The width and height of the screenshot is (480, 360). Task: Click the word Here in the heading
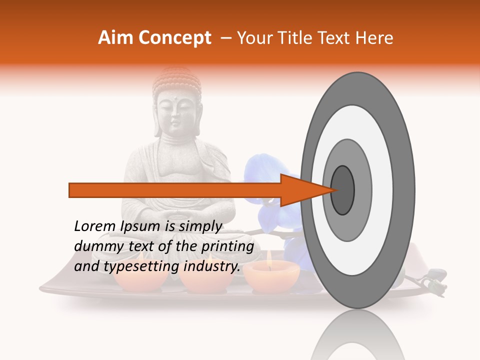[374, 38]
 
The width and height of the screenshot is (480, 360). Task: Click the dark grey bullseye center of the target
[343, 190]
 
